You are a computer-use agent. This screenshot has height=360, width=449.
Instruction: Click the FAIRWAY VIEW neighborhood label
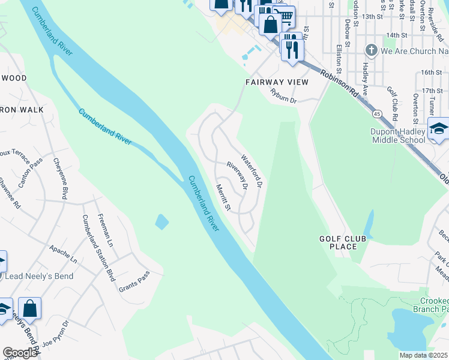pos(277,82)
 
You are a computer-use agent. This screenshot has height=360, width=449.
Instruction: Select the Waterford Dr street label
pos(253,172)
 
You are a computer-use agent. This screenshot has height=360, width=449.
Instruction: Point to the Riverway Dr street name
pos(237,175)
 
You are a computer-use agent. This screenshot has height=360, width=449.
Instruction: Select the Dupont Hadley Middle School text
pos(398,136)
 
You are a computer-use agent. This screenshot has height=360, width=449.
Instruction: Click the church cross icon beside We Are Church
pos(372,51)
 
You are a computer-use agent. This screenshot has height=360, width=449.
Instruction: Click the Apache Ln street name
pos(63,254)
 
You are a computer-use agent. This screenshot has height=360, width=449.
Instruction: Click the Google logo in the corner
pos(20,352)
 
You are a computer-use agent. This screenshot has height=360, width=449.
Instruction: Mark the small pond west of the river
pos(161,222)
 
